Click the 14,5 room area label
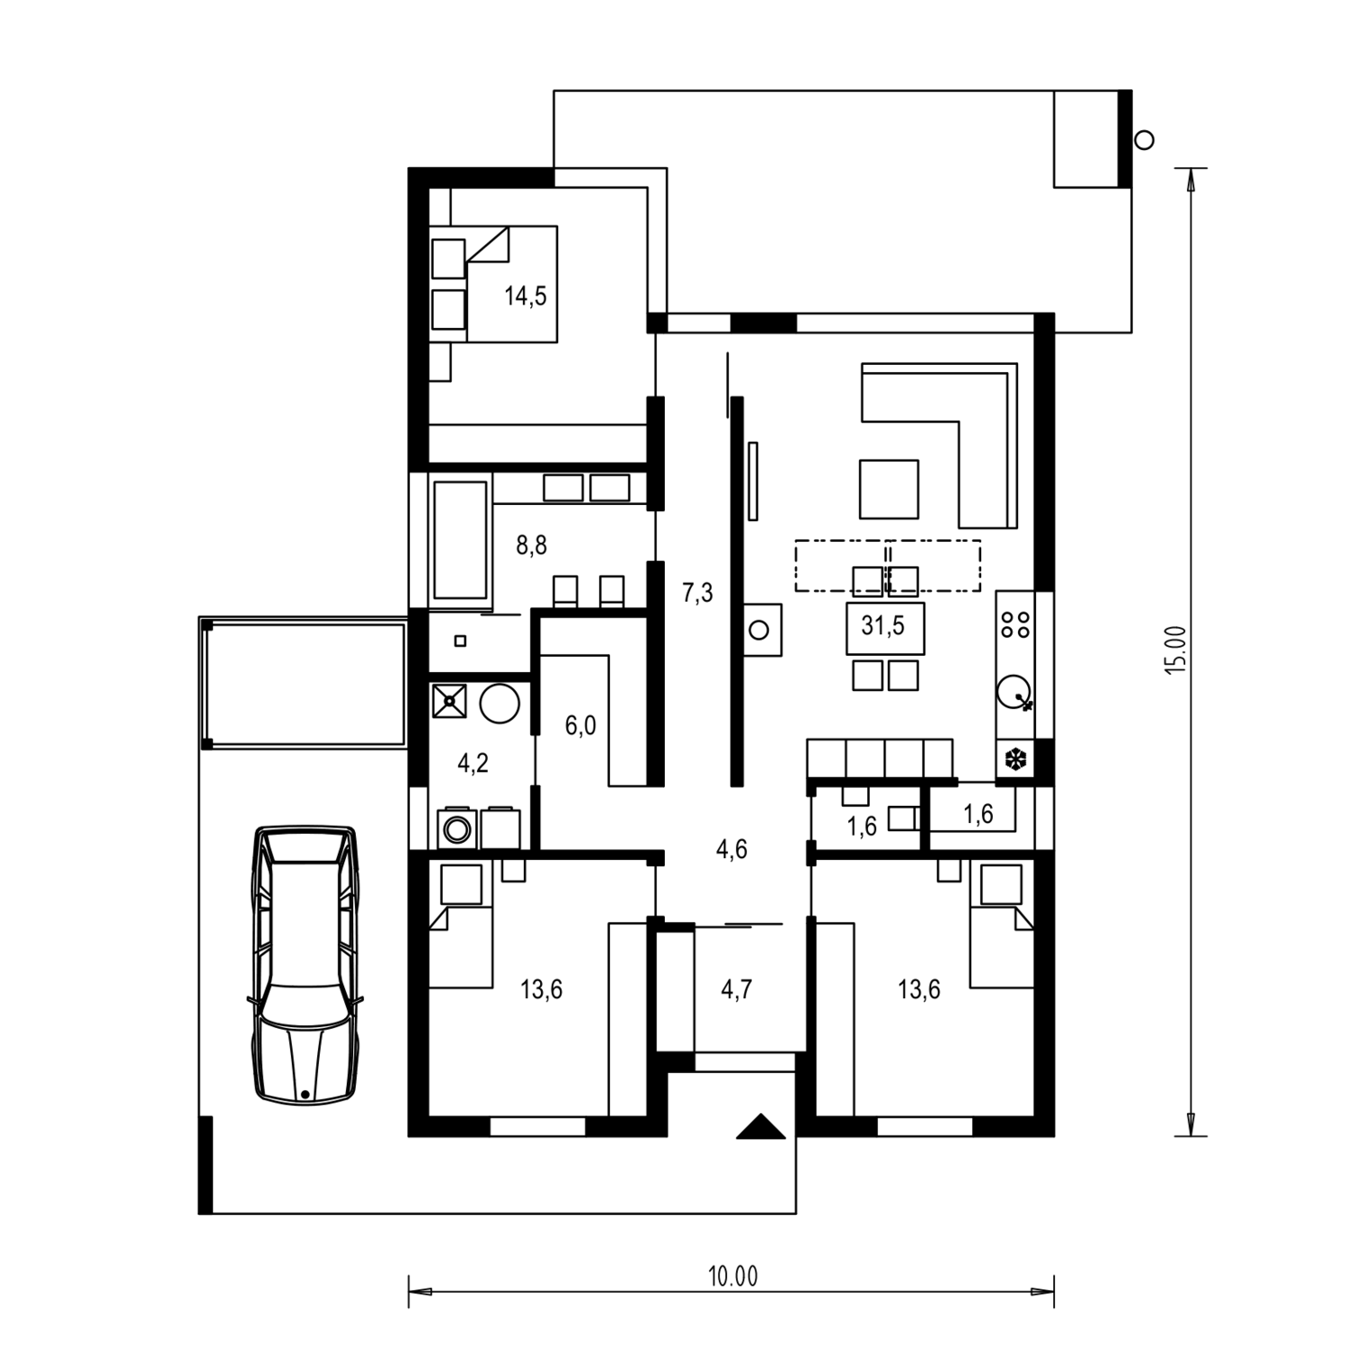tap(525, 295)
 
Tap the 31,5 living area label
tap(883, 625)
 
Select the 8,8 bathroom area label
tap(531, 546)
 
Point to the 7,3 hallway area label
tap(697, 593)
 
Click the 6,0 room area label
tap(580, 725)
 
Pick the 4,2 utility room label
tap(472, 763)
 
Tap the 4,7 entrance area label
tap(736, 990)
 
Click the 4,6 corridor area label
tap(731, 849)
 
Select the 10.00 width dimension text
tap(733, 1276)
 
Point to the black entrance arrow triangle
tap(761, 1127)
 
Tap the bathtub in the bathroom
tap(461, 540)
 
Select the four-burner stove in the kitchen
tap(1015, 624)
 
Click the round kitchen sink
tap(1014, 694)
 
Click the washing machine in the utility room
tap(457, 828)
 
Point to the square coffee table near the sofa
tap(889, 489)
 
